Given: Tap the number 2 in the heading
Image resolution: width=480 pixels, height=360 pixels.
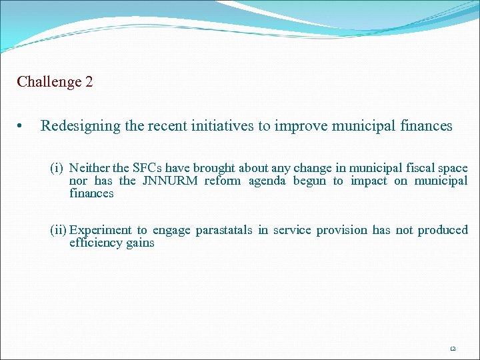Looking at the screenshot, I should click(89, 82).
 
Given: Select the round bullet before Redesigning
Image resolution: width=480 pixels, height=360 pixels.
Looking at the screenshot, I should click(23, 126).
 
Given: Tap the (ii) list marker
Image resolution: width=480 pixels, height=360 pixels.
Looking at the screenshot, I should click(59, 230).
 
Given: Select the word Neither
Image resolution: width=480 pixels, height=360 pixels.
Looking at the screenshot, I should click(89, 169).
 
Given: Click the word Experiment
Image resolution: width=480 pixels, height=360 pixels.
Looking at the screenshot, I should click(98, 230).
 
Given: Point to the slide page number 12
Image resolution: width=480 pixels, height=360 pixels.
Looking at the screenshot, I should click(452, 348).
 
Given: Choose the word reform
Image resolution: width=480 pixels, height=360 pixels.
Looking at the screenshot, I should click(222, 181).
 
